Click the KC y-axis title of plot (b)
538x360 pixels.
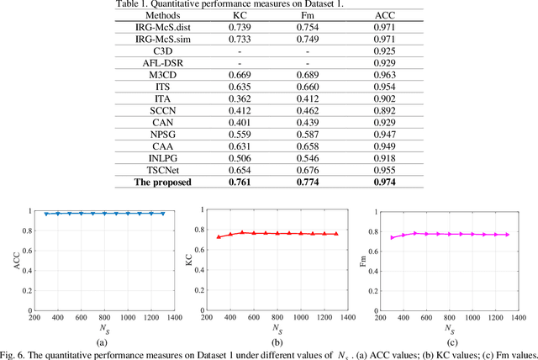click(x=187, y=261)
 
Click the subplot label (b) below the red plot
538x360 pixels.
click(x=277, y=341)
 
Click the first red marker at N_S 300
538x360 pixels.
click(x=219, y=237)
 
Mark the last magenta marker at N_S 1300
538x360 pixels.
click(x=507, y=234)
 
